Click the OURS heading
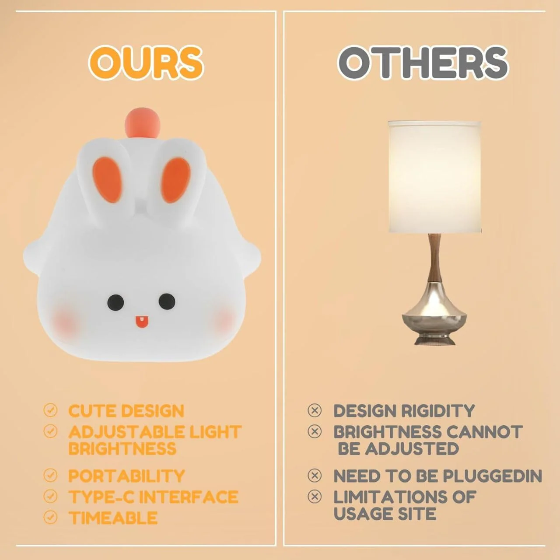click(146, 62)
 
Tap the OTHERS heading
click(423, 62)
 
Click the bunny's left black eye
click(115, 302)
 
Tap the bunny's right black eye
click(167, 301)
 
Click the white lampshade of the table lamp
click(434, 177)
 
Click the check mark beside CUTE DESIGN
click(51, 410)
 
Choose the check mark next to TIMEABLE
click(51, 518)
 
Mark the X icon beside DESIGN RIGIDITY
click(315, 410)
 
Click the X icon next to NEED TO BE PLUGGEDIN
click(315, 475)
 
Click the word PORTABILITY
click(126, 476)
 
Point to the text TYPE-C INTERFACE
click(153, 497)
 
